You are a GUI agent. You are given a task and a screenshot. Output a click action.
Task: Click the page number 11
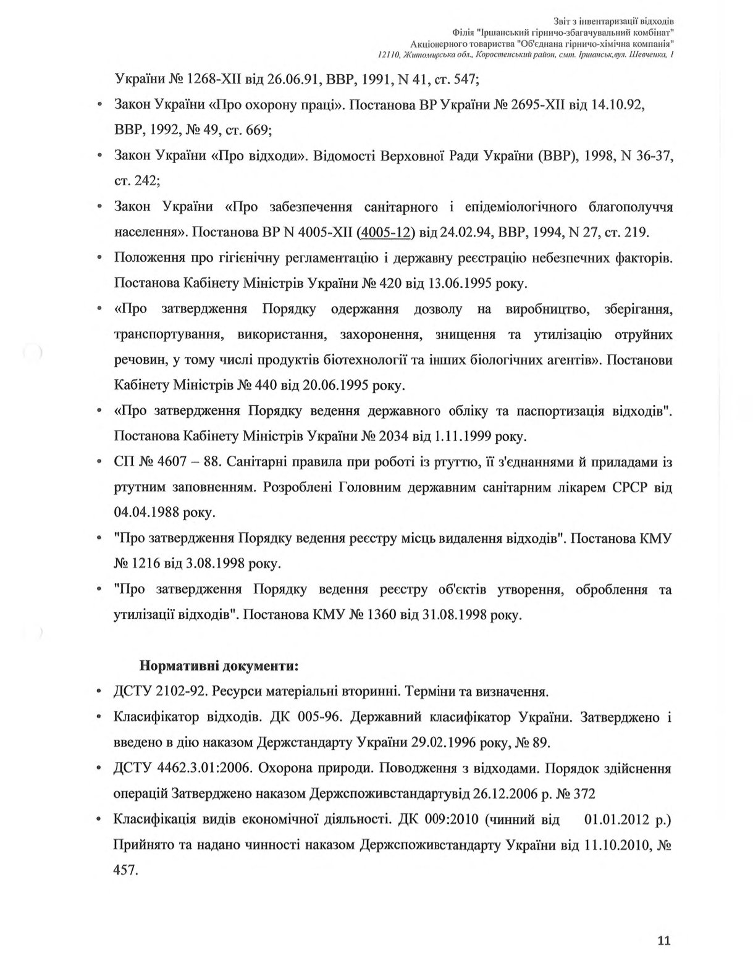click(x=664, y=940)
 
